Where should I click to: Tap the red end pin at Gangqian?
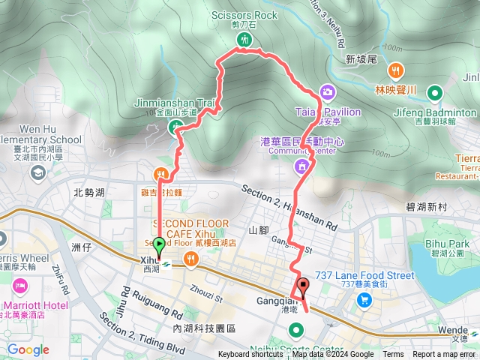(303, 286)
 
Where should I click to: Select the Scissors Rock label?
(244, 15)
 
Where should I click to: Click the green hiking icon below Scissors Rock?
(244, 40)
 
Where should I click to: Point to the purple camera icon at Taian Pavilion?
(327, 91)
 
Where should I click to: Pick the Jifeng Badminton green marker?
(434, 94)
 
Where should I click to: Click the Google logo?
(28, 350)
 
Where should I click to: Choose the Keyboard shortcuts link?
(250, 355)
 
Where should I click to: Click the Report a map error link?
(444, 355)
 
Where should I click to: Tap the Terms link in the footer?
(393, 355)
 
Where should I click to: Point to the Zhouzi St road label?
(209, 278)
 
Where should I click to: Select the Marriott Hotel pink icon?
(19, 286)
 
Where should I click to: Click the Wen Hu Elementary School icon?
(36, 172)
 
